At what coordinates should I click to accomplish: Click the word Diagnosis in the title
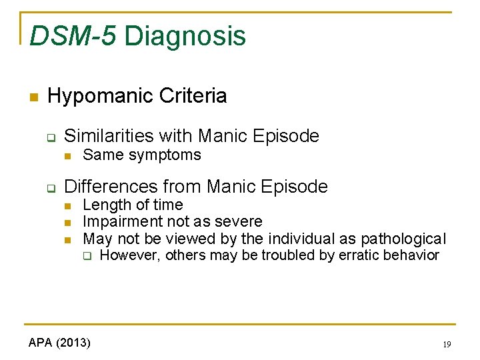pos(185,36)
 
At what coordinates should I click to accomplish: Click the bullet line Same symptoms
pos(141,155)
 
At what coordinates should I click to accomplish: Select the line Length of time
pos(133,205)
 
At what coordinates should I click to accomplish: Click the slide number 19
pos(446,345)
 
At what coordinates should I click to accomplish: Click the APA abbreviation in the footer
pos(41,343)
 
